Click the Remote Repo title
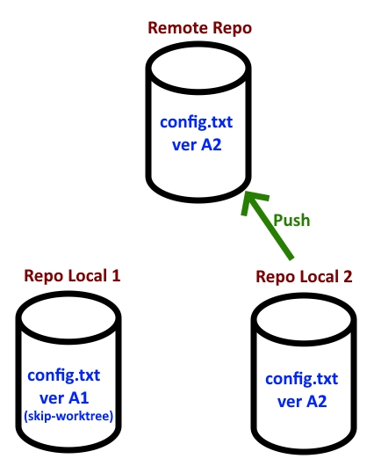coord(200,28)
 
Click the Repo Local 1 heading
coord(71,275)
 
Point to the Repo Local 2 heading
coord(304,277)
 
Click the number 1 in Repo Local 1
coord(115,275)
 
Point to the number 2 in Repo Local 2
coord(349,277)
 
